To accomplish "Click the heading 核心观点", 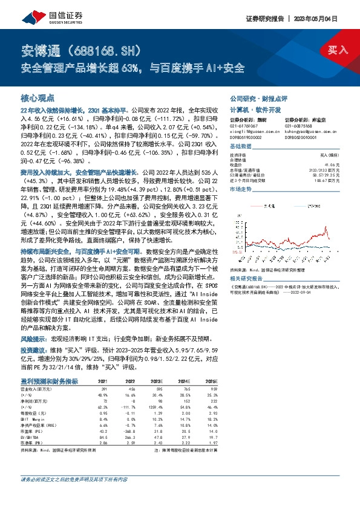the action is point(37,97).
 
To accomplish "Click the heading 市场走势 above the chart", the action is point(241,207).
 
